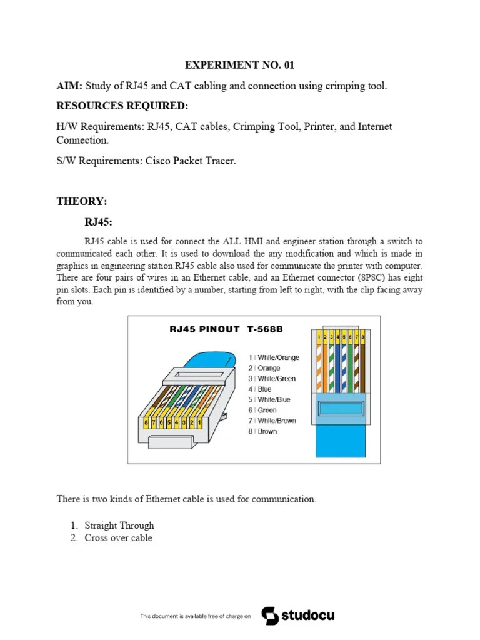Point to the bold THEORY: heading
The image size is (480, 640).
pos(82,201)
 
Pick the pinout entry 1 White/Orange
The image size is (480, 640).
pos(273,357)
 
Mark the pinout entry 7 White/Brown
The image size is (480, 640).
pos(272,421)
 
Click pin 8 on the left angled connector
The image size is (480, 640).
pos(146,423)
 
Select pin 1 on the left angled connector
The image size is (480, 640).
pos(199,422)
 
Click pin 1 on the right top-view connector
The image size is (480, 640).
pos(319,337)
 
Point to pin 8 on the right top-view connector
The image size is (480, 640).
pos(362,337)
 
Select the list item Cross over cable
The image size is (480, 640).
pos(118,537)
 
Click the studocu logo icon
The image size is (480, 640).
pos(270,616)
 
